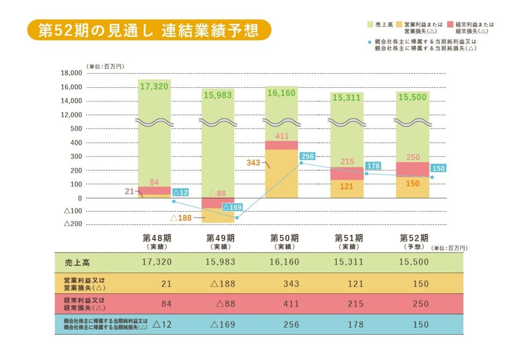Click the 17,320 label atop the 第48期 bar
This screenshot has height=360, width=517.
[154, 87]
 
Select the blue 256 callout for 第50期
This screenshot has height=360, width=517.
[307, 157]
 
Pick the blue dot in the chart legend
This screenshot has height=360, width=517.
[370, 42]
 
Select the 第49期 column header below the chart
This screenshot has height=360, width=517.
[220, 241]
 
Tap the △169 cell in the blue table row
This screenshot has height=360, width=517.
[223, 324]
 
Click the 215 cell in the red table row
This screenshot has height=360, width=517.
[355, 304]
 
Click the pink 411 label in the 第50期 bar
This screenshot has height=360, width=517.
[282, 136]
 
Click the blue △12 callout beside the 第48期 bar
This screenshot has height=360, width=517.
[180, 192]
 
